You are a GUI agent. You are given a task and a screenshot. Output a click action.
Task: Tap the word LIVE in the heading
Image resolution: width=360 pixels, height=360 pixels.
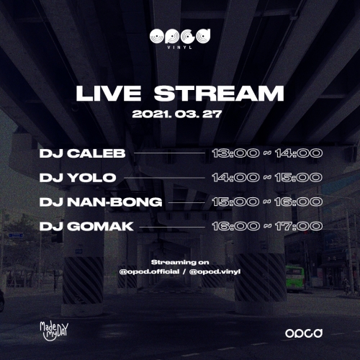109,94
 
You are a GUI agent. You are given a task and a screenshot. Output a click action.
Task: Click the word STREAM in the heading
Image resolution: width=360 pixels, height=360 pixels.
219,94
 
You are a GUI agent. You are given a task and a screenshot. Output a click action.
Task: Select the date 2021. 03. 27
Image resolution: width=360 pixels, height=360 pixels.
176,114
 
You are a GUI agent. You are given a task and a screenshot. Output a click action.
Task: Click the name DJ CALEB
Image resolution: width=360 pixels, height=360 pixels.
82,153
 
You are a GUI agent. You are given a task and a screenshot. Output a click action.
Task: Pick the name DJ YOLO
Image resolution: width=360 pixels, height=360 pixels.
78,178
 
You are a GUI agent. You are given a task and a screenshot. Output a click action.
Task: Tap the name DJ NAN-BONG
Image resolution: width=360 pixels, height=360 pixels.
101,202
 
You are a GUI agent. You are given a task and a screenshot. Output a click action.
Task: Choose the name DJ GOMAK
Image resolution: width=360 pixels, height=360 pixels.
86,227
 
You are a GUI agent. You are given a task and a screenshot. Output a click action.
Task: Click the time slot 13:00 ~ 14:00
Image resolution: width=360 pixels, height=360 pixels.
267,153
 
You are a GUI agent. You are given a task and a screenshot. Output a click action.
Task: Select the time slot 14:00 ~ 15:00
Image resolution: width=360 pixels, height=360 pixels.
267,178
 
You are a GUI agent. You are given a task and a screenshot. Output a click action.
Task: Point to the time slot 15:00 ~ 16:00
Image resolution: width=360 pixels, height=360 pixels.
267,202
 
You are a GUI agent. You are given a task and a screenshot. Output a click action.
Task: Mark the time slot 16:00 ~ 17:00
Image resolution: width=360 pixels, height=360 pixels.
267,227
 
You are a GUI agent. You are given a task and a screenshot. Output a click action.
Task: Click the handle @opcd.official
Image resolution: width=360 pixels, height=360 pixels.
149,271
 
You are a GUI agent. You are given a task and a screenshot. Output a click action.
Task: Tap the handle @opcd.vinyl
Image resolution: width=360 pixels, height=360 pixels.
215,271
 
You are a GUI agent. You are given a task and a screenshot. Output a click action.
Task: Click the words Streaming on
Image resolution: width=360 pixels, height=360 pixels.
180,262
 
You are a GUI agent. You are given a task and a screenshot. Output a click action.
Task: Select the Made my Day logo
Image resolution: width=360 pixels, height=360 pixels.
54,331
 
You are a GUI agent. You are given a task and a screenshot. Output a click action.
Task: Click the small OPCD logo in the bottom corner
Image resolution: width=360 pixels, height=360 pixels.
304,333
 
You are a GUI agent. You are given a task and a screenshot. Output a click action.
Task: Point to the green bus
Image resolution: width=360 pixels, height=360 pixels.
295,278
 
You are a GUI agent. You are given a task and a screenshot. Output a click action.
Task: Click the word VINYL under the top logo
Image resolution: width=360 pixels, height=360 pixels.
180,48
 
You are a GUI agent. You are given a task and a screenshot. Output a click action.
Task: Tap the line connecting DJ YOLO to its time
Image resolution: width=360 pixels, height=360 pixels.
165,178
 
